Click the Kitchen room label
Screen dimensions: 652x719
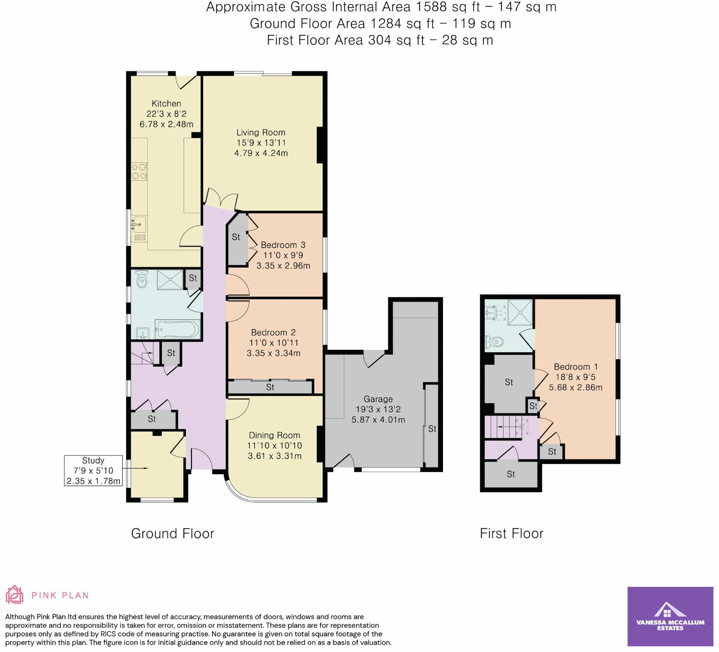tap(166, 104)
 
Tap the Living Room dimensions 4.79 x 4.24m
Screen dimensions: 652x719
tap(261, 153)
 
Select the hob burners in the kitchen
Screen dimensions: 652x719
tap(139, 172)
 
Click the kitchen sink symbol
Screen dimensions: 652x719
tap(138, 225)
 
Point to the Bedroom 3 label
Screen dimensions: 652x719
tap(283, 245)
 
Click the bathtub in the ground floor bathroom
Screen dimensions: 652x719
tap(177, 329)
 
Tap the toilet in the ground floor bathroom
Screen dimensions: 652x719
tap(142, 279)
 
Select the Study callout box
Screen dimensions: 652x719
tap(93, 470)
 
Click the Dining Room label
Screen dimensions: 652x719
tap(274, 435)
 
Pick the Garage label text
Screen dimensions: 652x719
tap(378, 399)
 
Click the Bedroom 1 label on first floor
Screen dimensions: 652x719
tap(576, 367)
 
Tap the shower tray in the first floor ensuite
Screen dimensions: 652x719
tap(520, 312)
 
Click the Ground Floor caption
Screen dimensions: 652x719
tap(172, 534)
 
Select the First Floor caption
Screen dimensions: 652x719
tap(511, 534)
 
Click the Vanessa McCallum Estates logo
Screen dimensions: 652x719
tap(670, 616)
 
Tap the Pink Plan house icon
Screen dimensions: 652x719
tap(14, 594)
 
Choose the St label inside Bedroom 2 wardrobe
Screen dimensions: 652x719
tap(270, 387)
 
